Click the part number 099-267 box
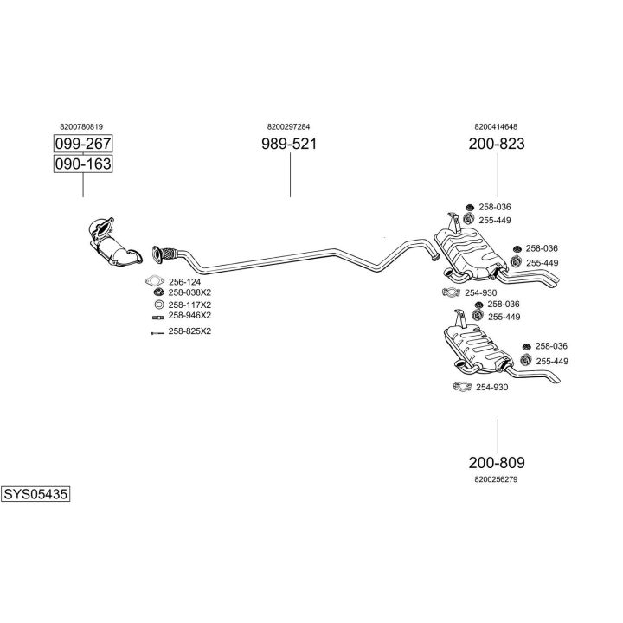[x=83, y=144]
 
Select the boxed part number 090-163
[x=83, y=164]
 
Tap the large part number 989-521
[x=289, y=145]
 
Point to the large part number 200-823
[x=497, y=145]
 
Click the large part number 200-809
[x=497, y=462]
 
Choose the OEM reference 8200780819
[x=82, y=126]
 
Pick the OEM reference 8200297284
[x=289, y=126]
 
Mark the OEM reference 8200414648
[x=496, y=126]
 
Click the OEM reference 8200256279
[x=496, y=478]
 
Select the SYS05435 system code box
[x=35, y=495]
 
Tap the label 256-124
[x=184, y=281]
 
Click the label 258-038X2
[x=189, y=293]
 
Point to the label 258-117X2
[x=189, y=305]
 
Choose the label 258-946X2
[x=189, y=317]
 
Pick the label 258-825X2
[x=189, y=331]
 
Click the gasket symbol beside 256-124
[x=155, y=281]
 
